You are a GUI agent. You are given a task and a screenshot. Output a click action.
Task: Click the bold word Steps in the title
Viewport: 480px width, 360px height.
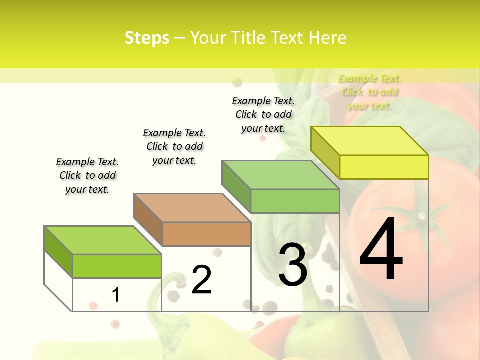[147, 38]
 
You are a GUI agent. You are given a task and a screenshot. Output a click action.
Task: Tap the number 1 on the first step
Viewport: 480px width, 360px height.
[115, 295]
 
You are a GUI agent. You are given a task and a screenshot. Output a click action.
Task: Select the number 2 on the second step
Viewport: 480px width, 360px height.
[201, 279]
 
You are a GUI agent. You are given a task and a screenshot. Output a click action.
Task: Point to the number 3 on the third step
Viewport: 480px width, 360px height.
[293, 265]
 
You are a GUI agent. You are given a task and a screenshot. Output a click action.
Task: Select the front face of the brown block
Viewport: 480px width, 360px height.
[206, 234]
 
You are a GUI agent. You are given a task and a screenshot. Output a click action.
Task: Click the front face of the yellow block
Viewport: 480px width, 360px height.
[384, 167]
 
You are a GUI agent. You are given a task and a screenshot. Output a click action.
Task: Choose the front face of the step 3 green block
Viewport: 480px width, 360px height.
[295, 201]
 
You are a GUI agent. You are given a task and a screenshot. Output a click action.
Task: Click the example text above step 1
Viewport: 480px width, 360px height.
[87, 175]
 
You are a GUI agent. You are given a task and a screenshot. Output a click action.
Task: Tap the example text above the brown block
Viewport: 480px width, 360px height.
[174, 146]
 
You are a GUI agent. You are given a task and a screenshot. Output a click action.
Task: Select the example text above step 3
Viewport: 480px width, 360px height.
[263, 114]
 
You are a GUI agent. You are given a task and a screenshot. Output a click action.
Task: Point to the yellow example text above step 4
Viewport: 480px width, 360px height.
[369, 92]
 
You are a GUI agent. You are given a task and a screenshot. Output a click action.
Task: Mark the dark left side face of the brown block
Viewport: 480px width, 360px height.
[148, 220]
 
